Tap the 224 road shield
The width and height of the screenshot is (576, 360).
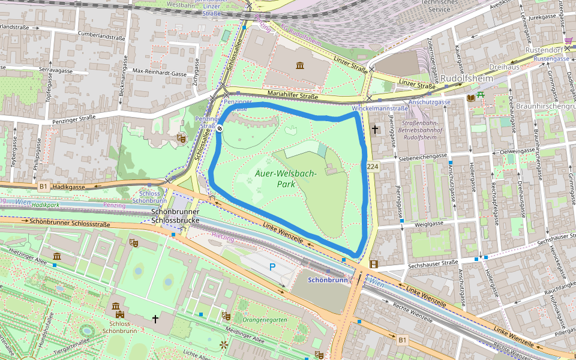(x=371, y=166)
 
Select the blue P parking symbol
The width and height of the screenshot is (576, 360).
(x=273, y=266)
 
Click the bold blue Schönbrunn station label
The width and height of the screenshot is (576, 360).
(x=328, y=280)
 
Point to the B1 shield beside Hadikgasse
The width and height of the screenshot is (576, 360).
(x=43, y=187)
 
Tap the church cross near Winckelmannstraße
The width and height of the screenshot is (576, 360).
(x=375, y=128)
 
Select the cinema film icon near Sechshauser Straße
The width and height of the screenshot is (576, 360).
(x=374, y=264)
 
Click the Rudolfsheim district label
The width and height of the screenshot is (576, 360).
(x=466, y=79)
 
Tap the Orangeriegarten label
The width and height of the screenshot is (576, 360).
(x=265, y=320)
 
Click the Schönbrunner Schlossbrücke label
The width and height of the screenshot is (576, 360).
(x=175, y=216)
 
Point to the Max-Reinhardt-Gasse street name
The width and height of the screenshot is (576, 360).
(x=160, y=72)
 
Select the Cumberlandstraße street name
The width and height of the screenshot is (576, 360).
(x=97, y=37)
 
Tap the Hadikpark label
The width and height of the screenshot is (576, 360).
(x=46, y=205)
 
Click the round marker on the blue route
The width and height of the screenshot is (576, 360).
(x=220, y=128)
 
